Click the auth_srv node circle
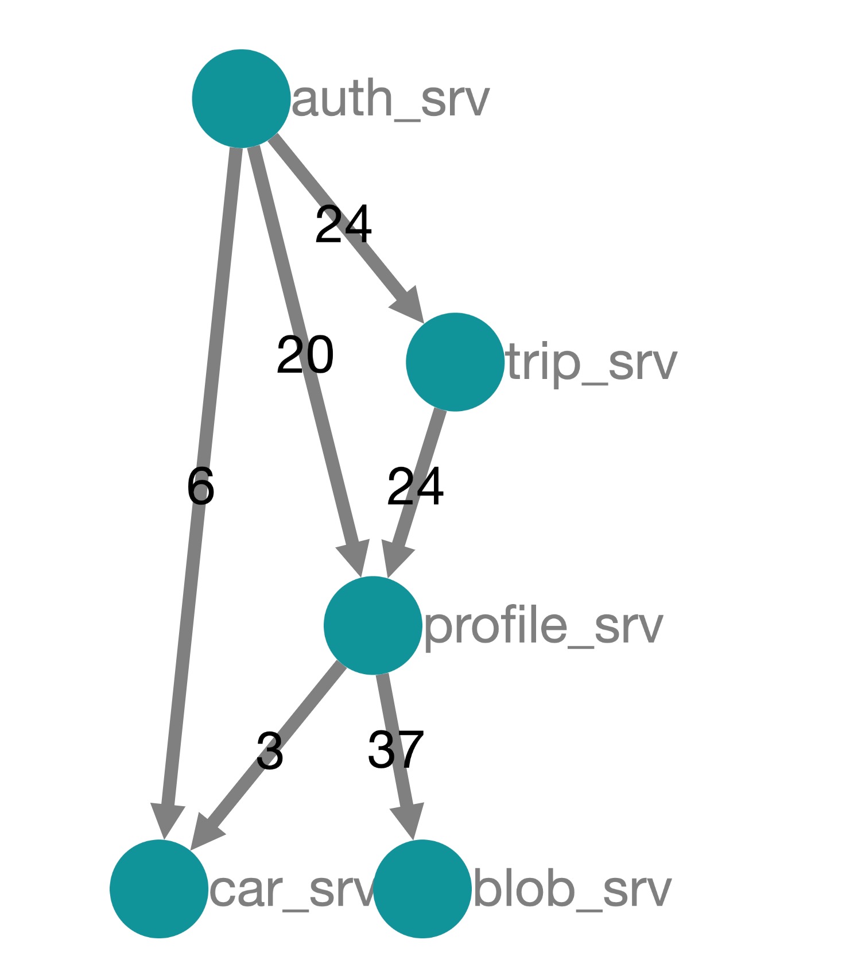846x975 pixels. point(241,98)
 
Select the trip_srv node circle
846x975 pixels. point(455,362)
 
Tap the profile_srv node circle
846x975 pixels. point(372,625)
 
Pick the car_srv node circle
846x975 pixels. point(159,888)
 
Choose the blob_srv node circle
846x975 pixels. point(422,888)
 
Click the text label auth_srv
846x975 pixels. point(390,99)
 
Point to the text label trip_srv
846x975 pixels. point(592,363)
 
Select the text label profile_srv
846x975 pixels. point(543,626)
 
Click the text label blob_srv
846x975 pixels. point(572,889)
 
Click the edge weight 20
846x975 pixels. point(305,355)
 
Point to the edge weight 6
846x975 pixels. point(200,486)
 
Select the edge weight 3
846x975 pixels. point(269,750)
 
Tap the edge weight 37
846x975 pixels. point(395,749)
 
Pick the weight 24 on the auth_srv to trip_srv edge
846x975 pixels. point(343,224)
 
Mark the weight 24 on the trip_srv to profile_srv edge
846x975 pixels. point(415,486)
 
